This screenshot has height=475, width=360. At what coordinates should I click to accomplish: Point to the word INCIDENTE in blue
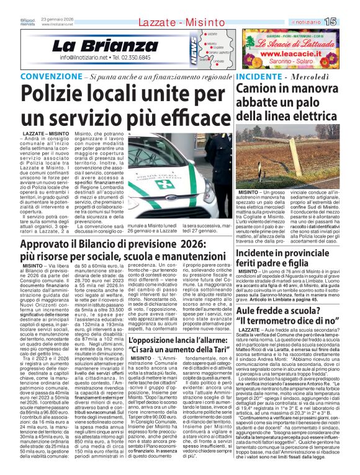click(258, 77)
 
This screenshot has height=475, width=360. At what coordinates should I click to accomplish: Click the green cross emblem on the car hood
click(164, 185)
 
